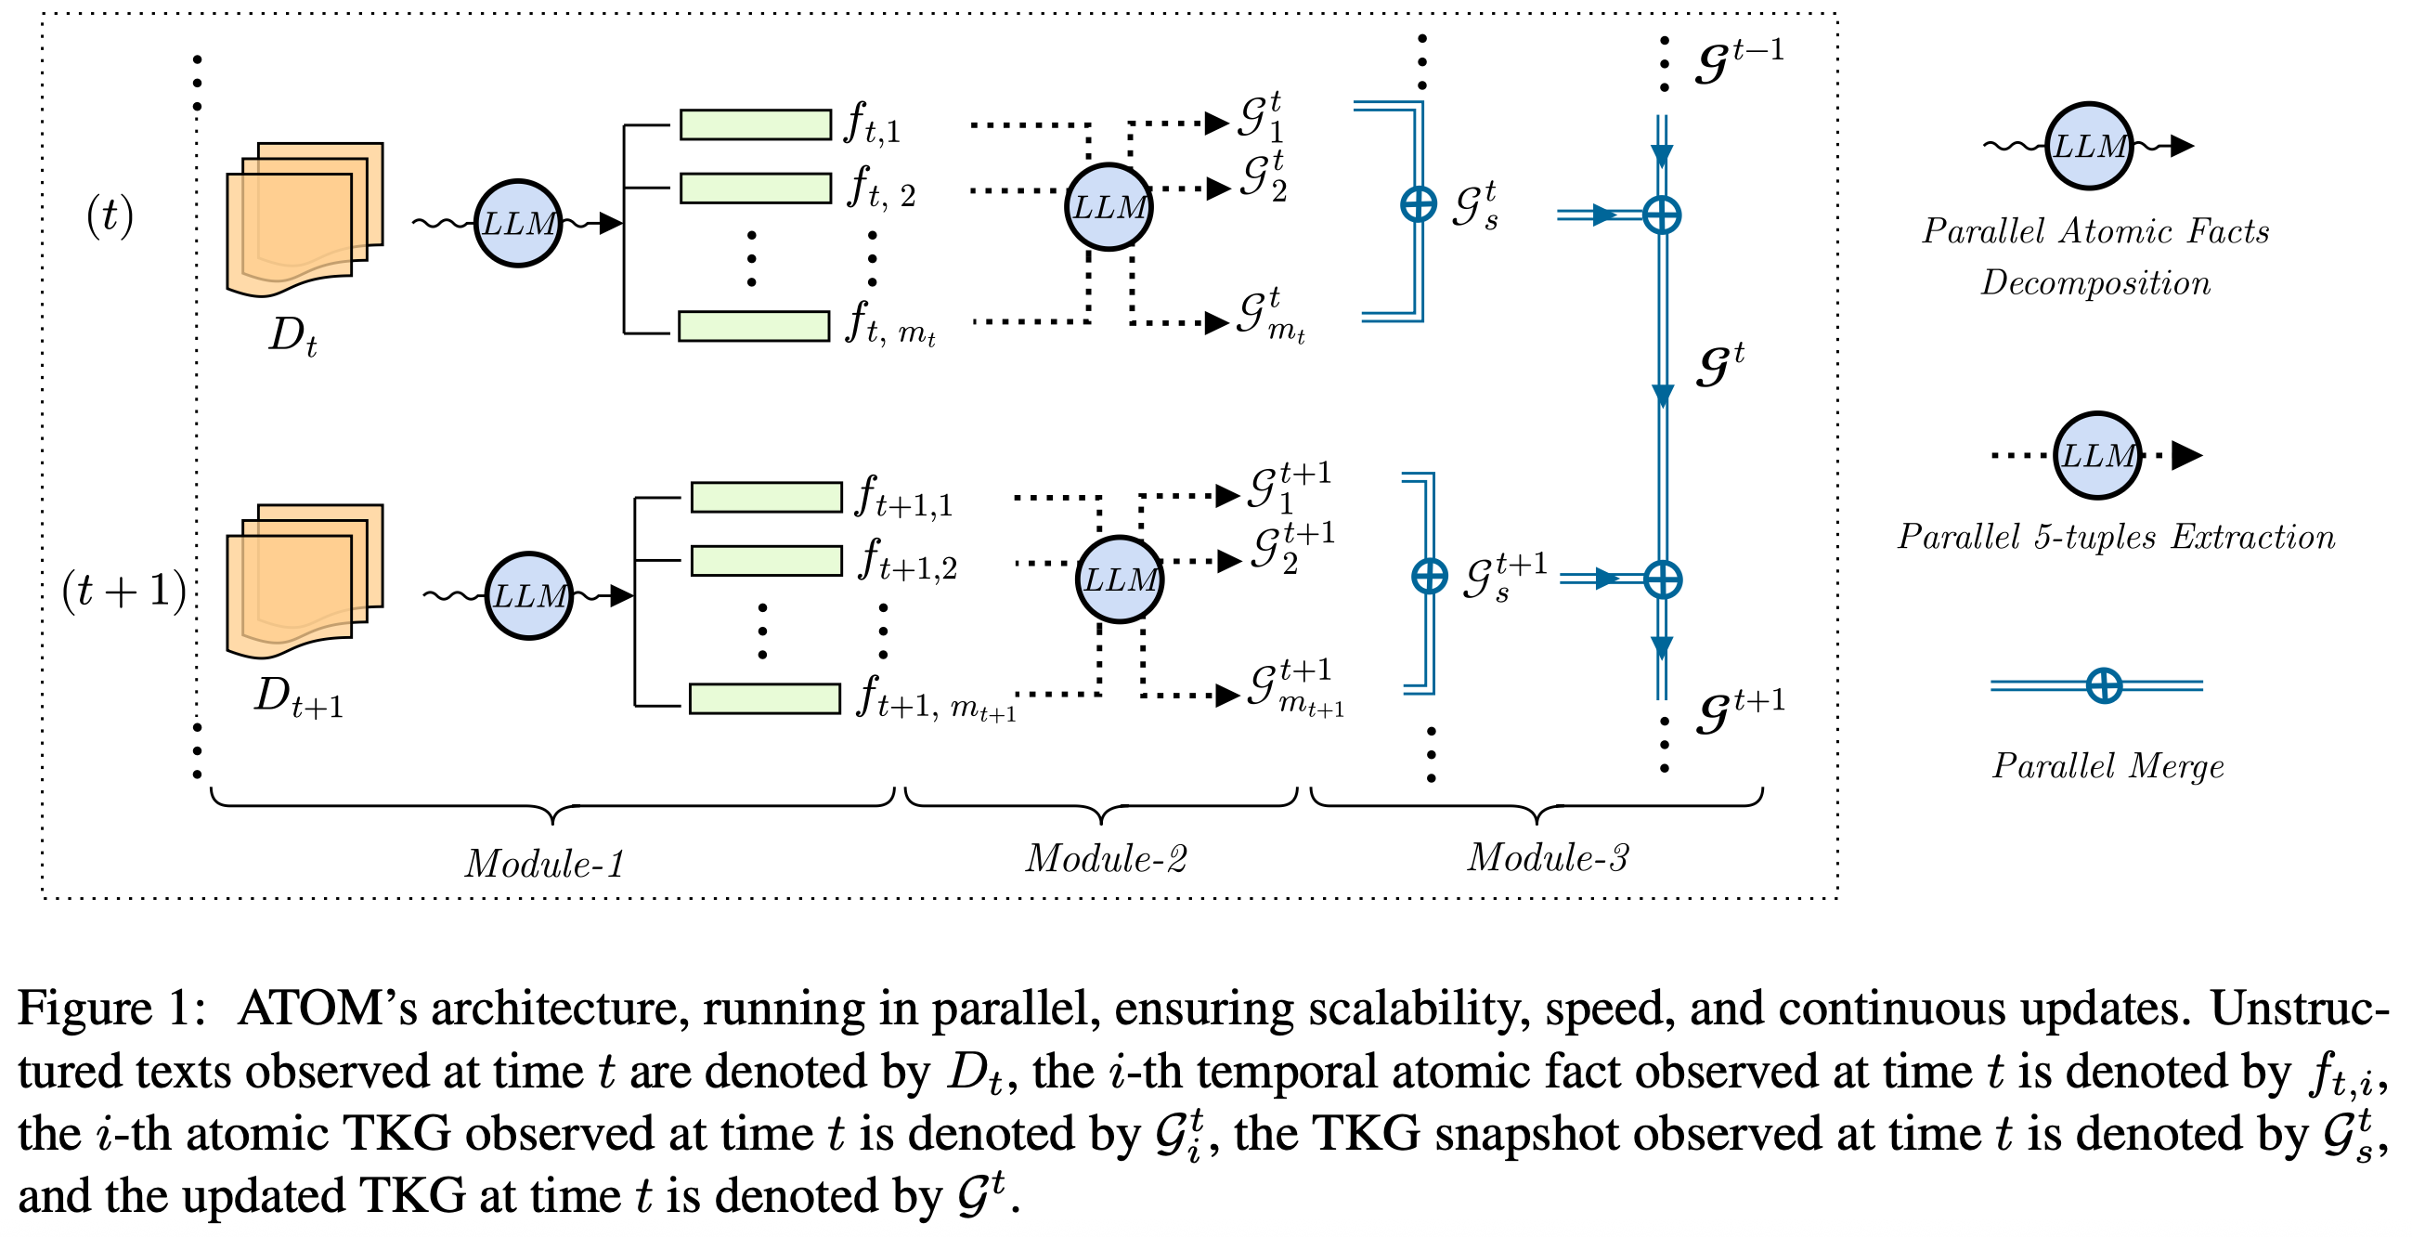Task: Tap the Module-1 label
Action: (x=545, y=864)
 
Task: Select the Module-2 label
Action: (x=1106, y=859)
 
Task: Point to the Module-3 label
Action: (x=1548, y=858)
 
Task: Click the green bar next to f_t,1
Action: (x=756, y=124)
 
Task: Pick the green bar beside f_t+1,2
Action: (x=767, y=561)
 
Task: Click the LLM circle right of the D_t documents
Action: (x=518, y=223)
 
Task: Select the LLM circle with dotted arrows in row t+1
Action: (x=1119, y=579)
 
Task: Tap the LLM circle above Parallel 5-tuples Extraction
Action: (x=2097, y=455)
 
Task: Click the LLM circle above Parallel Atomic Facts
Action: (x=2089, y=146)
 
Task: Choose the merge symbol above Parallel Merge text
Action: (x=2104, y=685)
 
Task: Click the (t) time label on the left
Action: (x=110, y=215)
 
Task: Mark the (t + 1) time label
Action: (x=123, y=591)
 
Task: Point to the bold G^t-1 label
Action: (x=1740, y=60)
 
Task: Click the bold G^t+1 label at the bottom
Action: (x=1741, y=710)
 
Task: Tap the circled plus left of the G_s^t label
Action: (x=1419, y=203)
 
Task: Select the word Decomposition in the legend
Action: (x=2095, y=283)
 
